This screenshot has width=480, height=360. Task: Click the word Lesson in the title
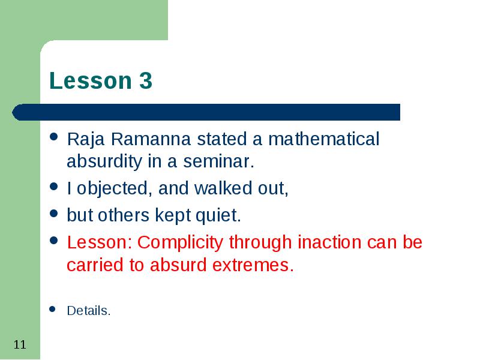pos(91,80)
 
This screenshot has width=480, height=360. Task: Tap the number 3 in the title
pos(146,80)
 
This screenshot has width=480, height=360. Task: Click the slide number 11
pos(20,344)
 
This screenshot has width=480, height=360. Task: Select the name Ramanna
pos(151,139)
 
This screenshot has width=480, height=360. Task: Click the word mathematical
pos(323,139)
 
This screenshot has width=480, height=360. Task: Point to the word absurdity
pos(104,161)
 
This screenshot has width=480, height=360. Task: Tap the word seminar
pos(218,161)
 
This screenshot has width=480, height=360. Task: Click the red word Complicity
pos(180,243)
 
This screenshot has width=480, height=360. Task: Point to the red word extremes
pos(253,265)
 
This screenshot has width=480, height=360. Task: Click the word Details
pos(88,311)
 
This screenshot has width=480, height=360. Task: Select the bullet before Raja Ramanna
pos(53,137)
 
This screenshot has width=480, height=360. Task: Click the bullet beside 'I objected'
pos(53,186)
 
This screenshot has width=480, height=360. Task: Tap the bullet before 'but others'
pos(53,213)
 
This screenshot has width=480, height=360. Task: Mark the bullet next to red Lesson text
pos(53,241)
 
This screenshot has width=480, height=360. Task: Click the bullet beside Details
pos(52,309)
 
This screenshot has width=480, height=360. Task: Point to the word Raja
pos(86,140)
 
